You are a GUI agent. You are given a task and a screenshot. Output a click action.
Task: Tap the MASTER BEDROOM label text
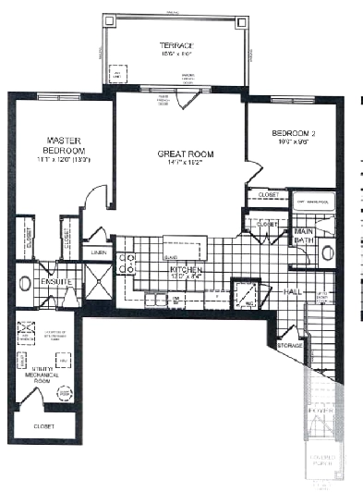point(66,145)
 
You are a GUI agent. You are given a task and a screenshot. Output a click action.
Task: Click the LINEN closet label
point(98,252)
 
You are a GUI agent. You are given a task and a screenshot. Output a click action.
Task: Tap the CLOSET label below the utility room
point(43,426)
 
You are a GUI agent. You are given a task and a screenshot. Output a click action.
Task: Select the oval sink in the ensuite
point(25,283)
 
